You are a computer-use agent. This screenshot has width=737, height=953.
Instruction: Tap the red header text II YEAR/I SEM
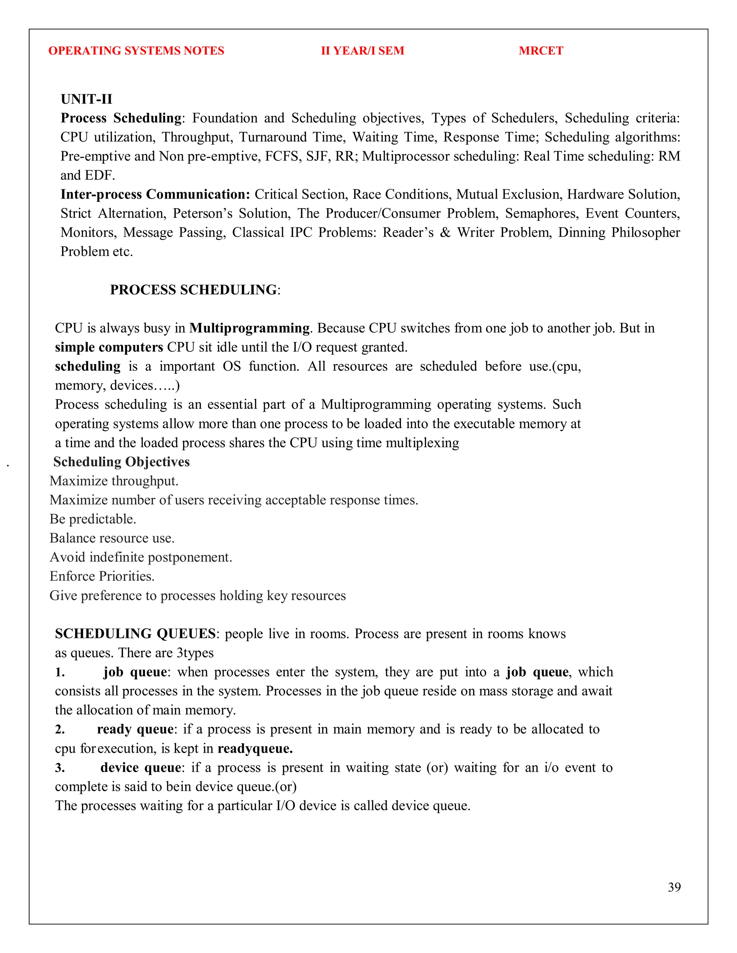pos(362,51)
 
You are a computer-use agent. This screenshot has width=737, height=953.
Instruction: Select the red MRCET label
pos(541,51)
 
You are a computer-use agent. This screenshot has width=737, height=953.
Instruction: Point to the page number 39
pos(674,887)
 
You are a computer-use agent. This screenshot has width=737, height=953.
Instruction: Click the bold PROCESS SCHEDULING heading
pos(193,290)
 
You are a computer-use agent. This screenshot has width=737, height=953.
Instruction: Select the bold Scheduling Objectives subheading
pos(121,462)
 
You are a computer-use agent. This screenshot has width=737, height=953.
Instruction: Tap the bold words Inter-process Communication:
pos(155,194)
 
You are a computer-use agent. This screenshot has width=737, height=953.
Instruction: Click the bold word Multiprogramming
pos(249,328)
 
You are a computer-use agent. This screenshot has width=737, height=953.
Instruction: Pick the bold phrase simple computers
pos(109,347)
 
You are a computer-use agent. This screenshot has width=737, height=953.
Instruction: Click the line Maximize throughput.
pos(114,481)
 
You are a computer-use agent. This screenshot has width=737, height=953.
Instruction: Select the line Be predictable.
pos(92,519)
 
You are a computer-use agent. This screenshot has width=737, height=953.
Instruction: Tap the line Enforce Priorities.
pos(102,576)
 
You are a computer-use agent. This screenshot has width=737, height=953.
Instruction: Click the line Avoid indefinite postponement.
pos(141,557)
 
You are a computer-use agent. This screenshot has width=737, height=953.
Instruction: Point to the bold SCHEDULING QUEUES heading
pos(135,634)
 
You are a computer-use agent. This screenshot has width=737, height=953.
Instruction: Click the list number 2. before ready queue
pos(60,729)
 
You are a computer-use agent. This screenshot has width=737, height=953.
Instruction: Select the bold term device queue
pos(141,767)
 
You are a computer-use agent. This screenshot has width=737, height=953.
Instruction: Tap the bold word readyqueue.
pos(255,748)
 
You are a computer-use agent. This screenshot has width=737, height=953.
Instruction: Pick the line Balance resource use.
pos(112,538)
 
